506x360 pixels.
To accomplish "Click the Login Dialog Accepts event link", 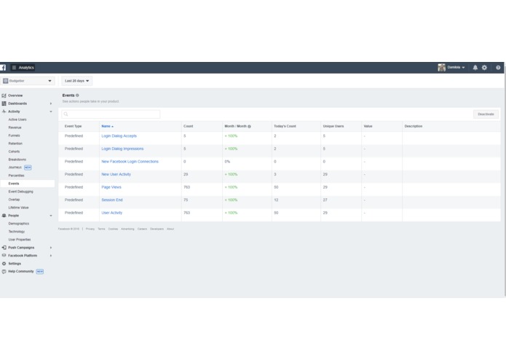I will coord(119,136).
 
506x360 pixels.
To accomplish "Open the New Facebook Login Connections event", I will coord(130,162).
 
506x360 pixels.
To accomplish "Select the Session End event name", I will coord(112,200).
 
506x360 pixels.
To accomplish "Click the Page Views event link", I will coord(111,187).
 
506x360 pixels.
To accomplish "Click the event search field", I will coord(111,114).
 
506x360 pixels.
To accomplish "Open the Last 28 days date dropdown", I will coord(77,81).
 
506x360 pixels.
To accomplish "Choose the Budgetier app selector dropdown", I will coord(28,81).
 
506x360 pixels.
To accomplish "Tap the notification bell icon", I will coord(475,68).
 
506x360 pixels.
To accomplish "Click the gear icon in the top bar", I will coord(485,68).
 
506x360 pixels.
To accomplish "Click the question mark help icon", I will coord(498,68).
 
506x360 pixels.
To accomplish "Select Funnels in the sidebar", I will coord(15,136).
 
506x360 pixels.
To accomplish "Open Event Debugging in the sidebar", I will coord(21,192).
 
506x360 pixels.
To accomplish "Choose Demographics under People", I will coord(19,224).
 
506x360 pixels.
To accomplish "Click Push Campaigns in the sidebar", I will coord(21,248).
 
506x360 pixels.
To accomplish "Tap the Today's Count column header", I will coord(285,126).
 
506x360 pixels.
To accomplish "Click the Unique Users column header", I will coord(333,126).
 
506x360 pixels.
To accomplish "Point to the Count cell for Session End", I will coord(186,200).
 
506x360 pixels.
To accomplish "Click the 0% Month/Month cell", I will coord(227,162).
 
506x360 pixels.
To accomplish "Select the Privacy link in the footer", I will coord(90,229).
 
